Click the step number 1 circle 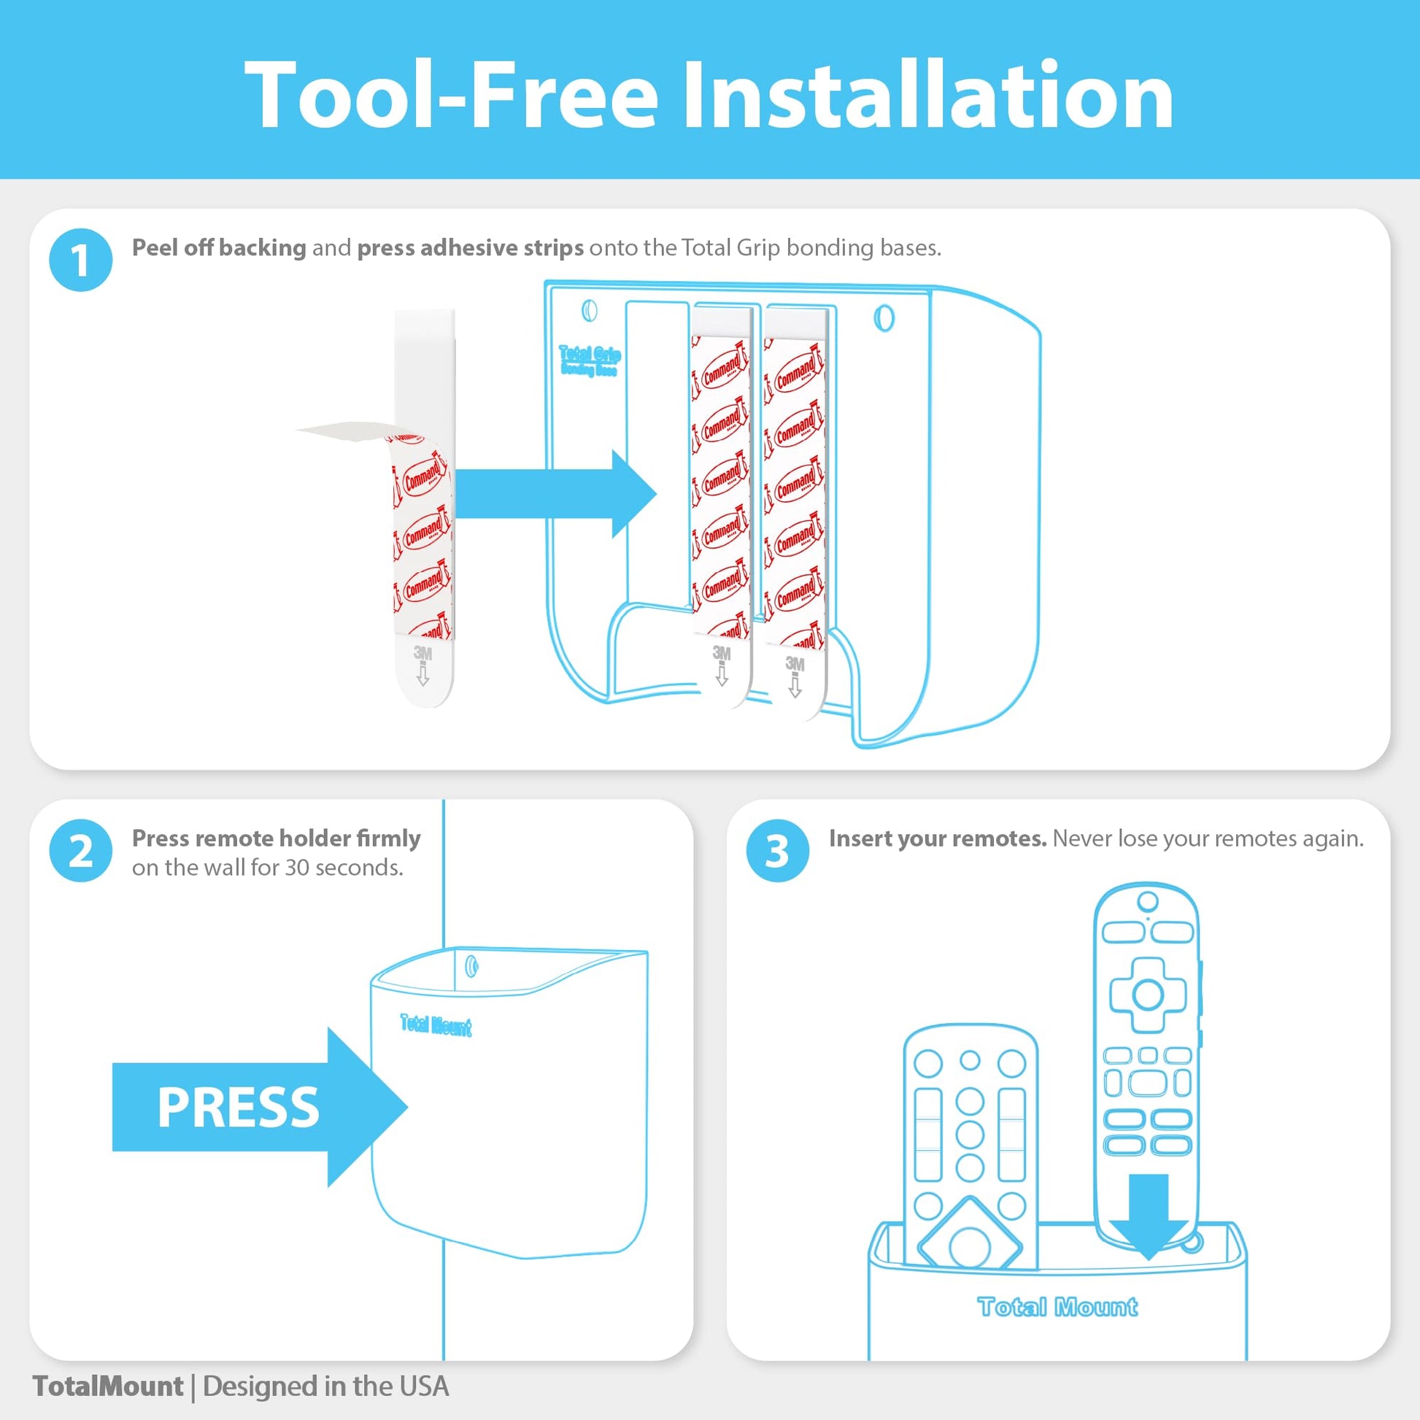pos(81,261)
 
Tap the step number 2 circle pos(81,851)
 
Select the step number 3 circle pos(778,851)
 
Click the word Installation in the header pos(927,96)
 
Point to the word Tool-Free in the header pos(449,96)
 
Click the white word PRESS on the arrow pos(238,1108)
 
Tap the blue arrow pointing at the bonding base pos(555,494)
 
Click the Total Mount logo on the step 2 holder pos(436,1025)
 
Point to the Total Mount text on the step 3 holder pos(1057,1306)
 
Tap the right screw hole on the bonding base pos(884,318)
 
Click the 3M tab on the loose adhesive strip pos(422,666)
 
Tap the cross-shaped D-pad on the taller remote pos(1146,995)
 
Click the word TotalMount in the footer pos(108,1386)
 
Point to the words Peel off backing pos(219,247)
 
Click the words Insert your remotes pos(938,838)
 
